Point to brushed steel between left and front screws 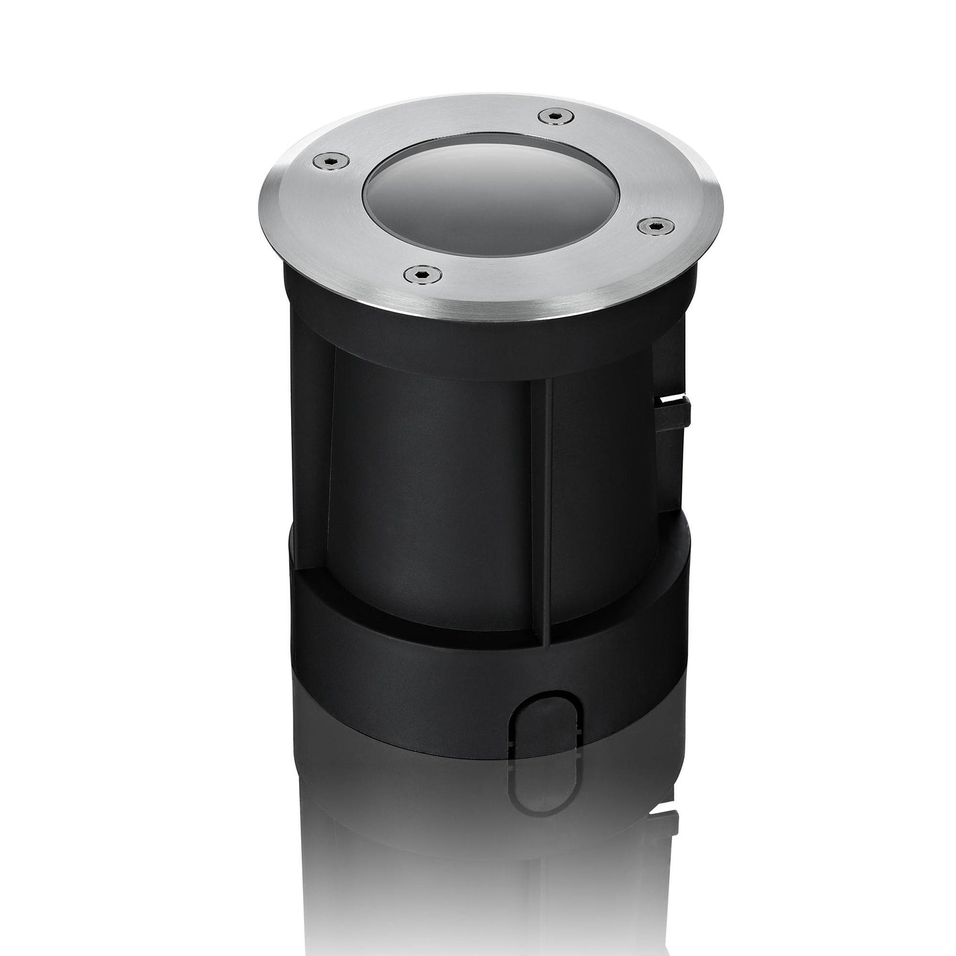tap(344, 225)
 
